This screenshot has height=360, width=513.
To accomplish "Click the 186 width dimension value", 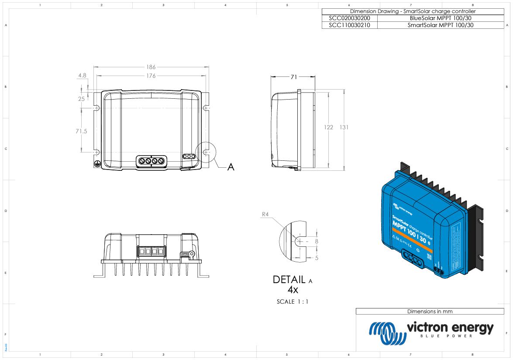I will (151, 67).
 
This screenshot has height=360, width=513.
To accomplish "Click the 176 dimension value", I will (151, 76).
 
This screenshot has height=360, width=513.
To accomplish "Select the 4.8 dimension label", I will (82, 76).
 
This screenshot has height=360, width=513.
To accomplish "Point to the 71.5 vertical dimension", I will (82, 131).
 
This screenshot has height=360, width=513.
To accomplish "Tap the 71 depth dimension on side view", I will (294, 77).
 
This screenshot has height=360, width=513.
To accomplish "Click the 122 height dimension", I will (328, 128).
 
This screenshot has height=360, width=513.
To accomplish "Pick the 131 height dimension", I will (344, 128).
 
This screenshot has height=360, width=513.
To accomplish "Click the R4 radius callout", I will (265, 215).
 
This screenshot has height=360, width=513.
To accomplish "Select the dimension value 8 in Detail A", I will (317, 241).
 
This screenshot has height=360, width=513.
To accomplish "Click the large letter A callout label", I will (231, 167).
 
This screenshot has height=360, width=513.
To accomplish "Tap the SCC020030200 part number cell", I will (349, 18).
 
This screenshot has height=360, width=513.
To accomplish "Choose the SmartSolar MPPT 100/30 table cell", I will (440, 25).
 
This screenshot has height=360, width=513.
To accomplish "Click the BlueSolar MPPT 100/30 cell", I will (440, 18).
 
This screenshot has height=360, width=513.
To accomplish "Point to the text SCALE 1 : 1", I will (293, 302).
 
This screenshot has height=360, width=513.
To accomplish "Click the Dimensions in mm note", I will (430, 312).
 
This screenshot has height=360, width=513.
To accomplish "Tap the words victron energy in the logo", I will (450, 327).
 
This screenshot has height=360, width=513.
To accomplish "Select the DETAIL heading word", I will (289, 280).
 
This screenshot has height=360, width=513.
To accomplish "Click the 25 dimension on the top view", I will (82, 99).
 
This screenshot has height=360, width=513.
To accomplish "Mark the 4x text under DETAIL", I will (293, 290).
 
